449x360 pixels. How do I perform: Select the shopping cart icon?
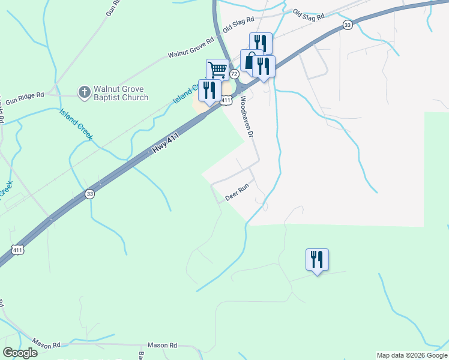[x=217, y=70]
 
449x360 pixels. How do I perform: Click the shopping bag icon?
[x=250, y=60]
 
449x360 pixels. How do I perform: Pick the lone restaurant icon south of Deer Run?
[x=317, y=260]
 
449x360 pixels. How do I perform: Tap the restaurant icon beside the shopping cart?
[x=209, y=91]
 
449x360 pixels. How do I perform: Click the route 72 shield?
[x=234, y=73]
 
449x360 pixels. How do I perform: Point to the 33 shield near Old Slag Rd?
[x=348, y=25]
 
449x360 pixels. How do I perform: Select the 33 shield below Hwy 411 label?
[x=89, y=193]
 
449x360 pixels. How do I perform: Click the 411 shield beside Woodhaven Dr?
[x=226, y=101]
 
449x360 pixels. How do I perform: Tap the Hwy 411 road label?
[x=166, y=144]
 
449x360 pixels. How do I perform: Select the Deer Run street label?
[x=237, y=192]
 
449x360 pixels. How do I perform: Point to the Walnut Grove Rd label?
[x=191, y=49]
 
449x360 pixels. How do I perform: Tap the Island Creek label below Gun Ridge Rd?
[x=76, y=124]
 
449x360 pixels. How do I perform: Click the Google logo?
[x=20, y=353]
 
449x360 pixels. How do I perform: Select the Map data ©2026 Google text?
[x=411, y=355]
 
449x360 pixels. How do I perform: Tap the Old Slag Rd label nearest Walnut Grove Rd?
[x=238, y=24]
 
